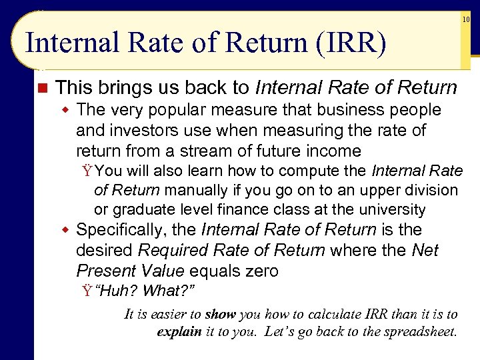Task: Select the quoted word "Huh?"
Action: (117, 291)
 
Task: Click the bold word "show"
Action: (221, 315)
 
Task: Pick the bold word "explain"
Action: (179, 332)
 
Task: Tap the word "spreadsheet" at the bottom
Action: (419, 332)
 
